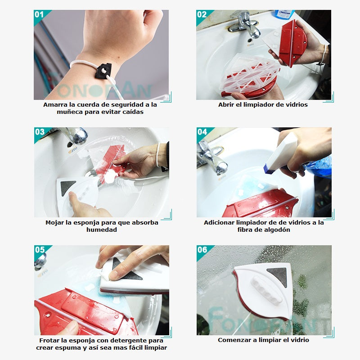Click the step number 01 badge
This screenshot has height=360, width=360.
point(39,14)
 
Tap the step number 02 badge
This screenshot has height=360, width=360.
point(202,14)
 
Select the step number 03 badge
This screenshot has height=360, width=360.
point(40,132)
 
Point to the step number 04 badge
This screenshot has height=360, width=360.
point(202,132)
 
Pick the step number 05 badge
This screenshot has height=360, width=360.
point(40,250)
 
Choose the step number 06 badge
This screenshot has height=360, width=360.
point(202,250)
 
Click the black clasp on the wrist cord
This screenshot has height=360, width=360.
point(104,71)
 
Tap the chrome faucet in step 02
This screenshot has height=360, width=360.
point(244,24)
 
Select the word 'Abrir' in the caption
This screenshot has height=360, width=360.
point(225,105)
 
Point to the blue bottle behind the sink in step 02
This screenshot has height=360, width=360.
point(284,14)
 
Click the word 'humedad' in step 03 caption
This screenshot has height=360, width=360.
point(102,230)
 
